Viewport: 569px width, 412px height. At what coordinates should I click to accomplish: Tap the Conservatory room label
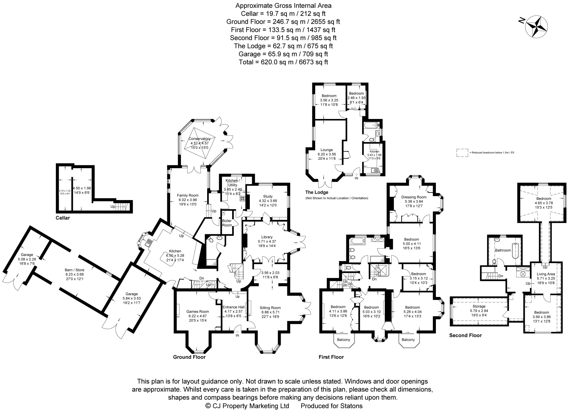pos(199,139)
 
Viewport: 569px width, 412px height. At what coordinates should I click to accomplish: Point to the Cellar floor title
pos(63,218)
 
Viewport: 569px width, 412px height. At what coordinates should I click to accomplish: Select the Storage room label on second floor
pos(479,306)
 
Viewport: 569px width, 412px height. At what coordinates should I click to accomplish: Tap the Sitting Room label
pos(270,308)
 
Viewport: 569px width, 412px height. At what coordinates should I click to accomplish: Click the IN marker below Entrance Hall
pos(237,335)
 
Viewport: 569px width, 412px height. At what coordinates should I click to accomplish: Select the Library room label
pos(267,237)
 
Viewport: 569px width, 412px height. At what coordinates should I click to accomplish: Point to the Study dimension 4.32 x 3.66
pos(268,201)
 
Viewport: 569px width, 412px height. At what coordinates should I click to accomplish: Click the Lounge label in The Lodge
pos(326,150)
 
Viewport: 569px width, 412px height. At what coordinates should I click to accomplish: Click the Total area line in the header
pos(283,62)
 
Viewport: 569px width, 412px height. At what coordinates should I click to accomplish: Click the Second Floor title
pos(465,335)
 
